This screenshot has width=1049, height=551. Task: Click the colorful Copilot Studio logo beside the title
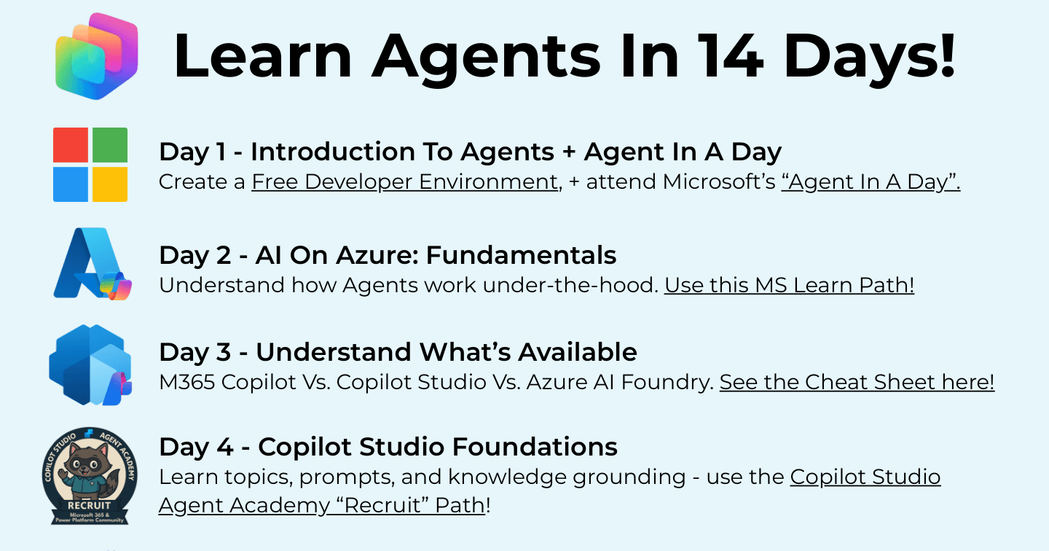(96, 55)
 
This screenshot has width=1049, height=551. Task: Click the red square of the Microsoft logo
(70, 145)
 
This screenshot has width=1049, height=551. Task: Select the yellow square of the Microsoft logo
(110, 184)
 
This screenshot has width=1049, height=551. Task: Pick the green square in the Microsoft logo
(110, 145)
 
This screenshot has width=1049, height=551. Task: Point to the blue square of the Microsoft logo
(70, 184)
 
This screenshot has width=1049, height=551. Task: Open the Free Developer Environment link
(405, 181)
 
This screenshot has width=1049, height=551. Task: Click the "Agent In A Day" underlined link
(871, 181)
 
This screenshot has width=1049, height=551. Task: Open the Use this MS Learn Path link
(789, 285)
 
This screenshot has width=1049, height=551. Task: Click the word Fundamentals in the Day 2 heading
(521, 255)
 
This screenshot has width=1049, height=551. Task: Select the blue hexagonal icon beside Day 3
(90, 365)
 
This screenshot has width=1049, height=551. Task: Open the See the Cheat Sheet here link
(857, 382)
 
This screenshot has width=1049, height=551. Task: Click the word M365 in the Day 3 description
(186, 383)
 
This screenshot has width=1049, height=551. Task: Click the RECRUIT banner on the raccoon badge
(89, 506)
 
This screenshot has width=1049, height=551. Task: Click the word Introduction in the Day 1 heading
(333, 152)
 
